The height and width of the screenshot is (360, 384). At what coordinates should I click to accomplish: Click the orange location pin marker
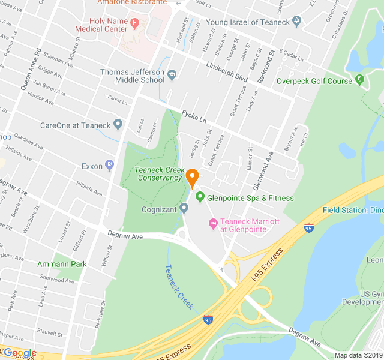click(x=192, y=178)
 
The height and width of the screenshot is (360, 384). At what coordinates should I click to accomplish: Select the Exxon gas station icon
click(x=109, y=165)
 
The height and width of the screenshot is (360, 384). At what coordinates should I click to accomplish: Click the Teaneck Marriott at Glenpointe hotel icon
click(x=212, y=224)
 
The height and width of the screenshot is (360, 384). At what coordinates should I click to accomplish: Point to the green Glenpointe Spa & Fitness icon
click(x=200, y=197)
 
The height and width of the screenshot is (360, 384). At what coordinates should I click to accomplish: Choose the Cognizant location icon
click(x=184, y=209)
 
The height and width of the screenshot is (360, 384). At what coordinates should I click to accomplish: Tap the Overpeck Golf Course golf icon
click(x=359, y=79)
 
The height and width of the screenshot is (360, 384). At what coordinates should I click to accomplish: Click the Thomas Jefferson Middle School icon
click(x=172, y=75)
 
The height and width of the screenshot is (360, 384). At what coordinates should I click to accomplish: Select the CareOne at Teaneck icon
click(x=118, y=125)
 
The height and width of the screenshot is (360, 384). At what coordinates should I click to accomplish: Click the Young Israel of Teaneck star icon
click(x=295, y=22)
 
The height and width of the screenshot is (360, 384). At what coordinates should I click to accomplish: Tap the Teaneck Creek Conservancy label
click(x=158, y=174)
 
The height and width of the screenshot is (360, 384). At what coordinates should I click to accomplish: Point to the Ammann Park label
click(x=62, y=264)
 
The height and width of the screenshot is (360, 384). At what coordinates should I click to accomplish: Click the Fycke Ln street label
click(x=194, y=113)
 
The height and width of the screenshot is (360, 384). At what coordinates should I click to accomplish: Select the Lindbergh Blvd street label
click(x=226, y=71)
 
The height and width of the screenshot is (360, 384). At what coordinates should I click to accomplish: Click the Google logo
click(x=19, y=353)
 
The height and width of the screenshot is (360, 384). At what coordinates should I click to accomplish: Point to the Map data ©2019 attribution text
click(x=358, y=355)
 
